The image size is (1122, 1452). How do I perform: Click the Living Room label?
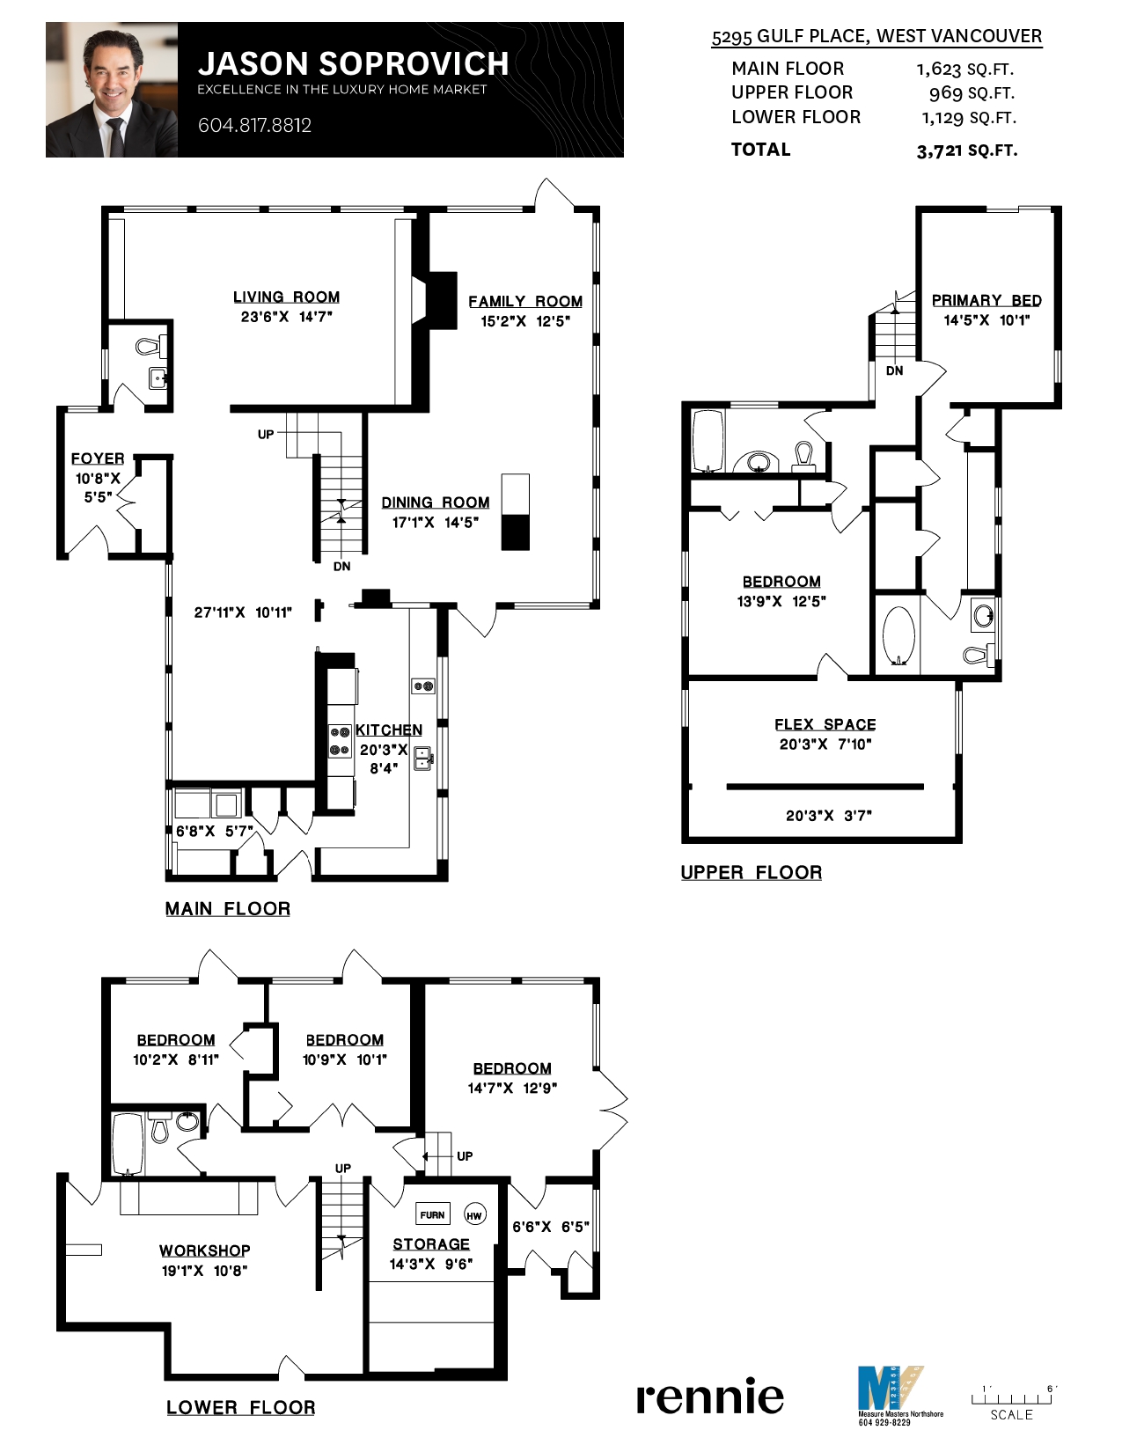[x=286, y=297]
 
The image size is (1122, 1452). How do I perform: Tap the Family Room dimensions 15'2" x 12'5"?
[x=524, y=321]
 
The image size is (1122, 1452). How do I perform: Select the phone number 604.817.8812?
[x=254, y=125]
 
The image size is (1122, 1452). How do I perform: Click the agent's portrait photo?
[x=112, y=91]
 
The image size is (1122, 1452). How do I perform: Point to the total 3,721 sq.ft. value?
[x=966, y=150]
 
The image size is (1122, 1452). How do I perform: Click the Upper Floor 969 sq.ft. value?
[x=971, y=92]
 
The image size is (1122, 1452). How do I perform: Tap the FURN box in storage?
[x=432, y=1214]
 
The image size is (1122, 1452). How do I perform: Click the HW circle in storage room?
[x=474, y=1215]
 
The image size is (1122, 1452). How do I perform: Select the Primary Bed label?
[x=986, y=300]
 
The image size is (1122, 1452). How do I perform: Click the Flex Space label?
[x=825, y=724]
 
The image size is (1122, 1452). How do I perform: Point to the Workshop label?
[x=205, y=1250]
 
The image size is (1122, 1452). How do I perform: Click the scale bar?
[x=1011, y=1398]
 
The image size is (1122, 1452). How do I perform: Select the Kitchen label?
[x=388, y=730]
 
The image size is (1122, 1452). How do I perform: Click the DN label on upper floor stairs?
[x=894, y=370]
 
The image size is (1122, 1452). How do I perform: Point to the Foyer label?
[x=98, y=458]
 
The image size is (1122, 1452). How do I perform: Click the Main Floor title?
[x=227, y=909]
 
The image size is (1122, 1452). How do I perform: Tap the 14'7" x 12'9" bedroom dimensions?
[x=512, y=1088]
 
